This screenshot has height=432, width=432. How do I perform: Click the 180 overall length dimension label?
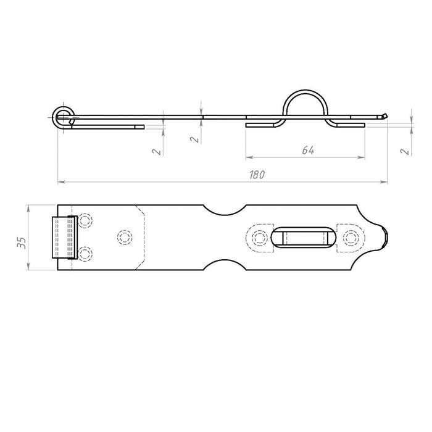coord(257,175)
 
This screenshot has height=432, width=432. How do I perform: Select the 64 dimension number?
coord(308,150)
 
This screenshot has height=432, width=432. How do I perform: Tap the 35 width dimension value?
coord(22,243)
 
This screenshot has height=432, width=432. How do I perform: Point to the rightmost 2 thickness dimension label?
coord(405,152)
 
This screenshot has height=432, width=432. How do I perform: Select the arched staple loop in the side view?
coord(305,91)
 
